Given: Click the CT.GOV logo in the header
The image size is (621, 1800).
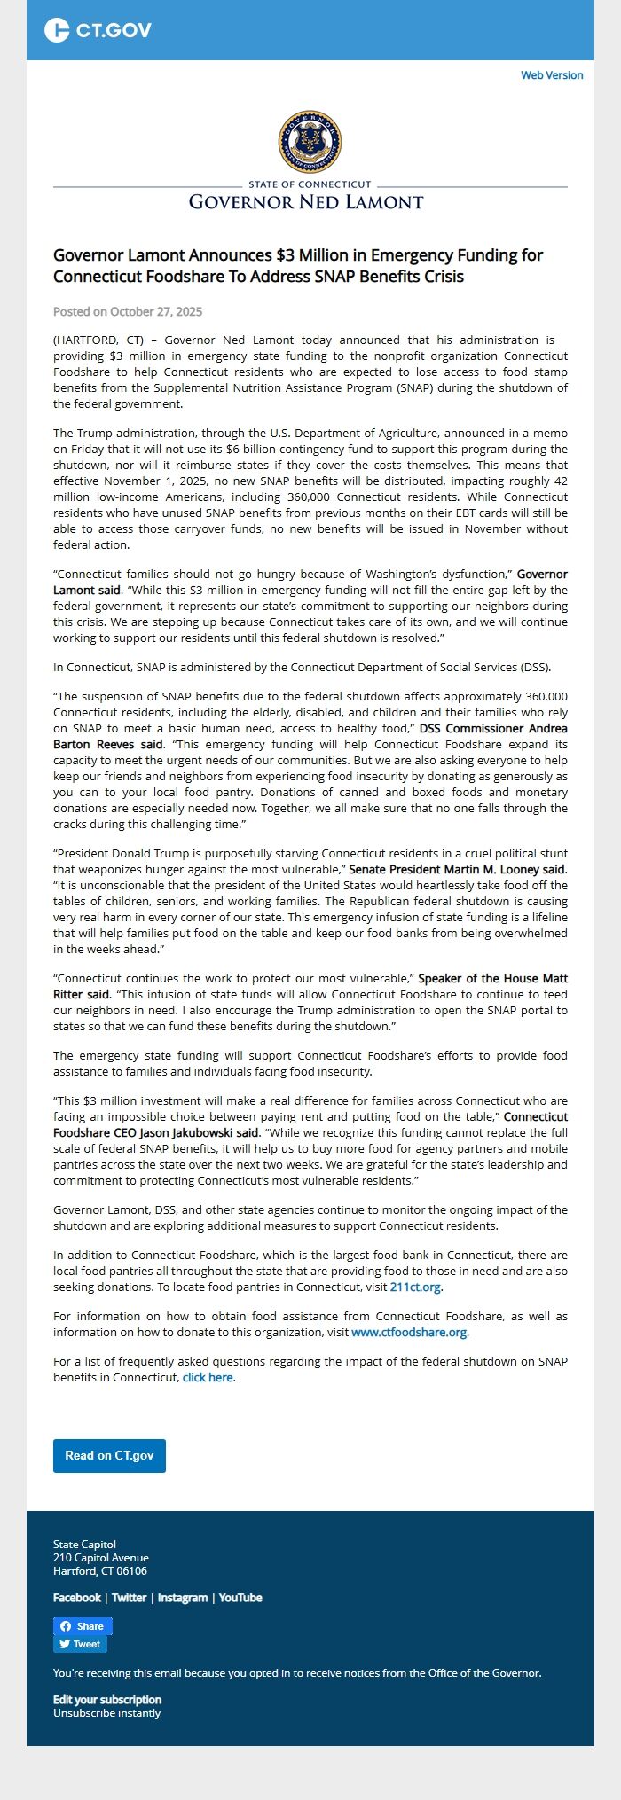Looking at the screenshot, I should (98, 30).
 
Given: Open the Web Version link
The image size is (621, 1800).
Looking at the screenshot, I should (552, 75).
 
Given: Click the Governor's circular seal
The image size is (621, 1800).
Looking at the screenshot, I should (310, 142).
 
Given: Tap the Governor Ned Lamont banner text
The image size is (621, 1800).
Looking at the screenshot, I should (306, 202).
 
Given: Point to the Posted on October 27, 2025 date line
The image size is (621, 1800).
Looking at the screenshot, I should (128, 311).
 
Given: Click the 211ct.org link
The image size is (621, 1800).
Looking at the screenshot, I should (415, 1287).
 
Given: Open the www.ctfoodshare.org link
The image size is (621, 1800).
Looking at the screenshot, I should (409, 1332).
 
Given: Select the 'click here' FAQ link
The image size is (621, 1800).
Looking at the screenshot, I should (208, 1377).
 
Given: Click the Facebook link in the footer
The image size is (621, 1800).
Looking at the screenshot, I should (77, 1597).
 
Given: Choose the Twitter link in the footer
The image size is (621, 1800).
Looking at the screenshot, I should (129, 1597).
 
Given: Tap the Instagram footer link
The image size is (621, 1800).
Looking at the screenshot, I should (183, 1597).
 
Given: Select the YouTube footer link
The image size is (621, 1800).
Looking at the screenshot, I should (240, 1597).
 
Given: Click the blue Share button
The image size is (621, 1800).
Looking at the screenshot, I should (83, 1625).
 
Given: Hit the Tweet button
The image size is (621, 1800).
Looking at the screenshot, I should (80, 1643).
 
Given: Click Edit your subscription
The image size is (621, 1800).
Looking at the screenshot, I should (107, 1699).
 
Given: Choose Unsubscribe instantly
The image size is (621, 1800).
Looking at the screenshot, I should (107, 1712).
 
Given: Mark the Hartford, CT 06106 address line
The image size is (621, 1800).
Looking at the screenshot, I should (100, 1570).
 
